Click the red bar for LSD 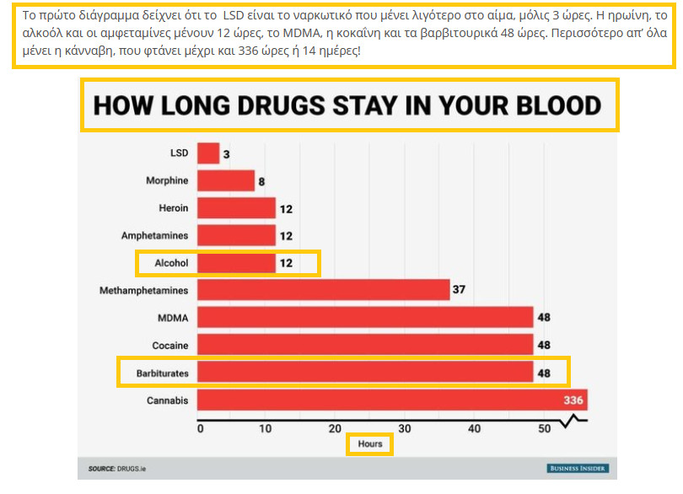(208, 153)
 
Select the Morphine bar (226, 180)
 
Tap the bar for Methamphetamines (324, 290)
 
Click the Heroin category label (173, 208)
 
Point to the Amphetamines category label (154, 235)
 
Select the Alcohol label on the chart (171, 263)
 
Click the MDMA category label (172, 318)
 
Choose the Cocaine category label (170, 345)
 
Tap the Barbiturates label (163, 373)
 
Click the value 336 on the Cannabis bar (573, 400)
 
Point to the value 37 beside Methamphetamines (459, 290)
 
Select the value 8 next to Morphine (262, 180)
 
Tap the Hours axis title (369, 443)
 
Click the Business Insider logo (577, 468)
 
